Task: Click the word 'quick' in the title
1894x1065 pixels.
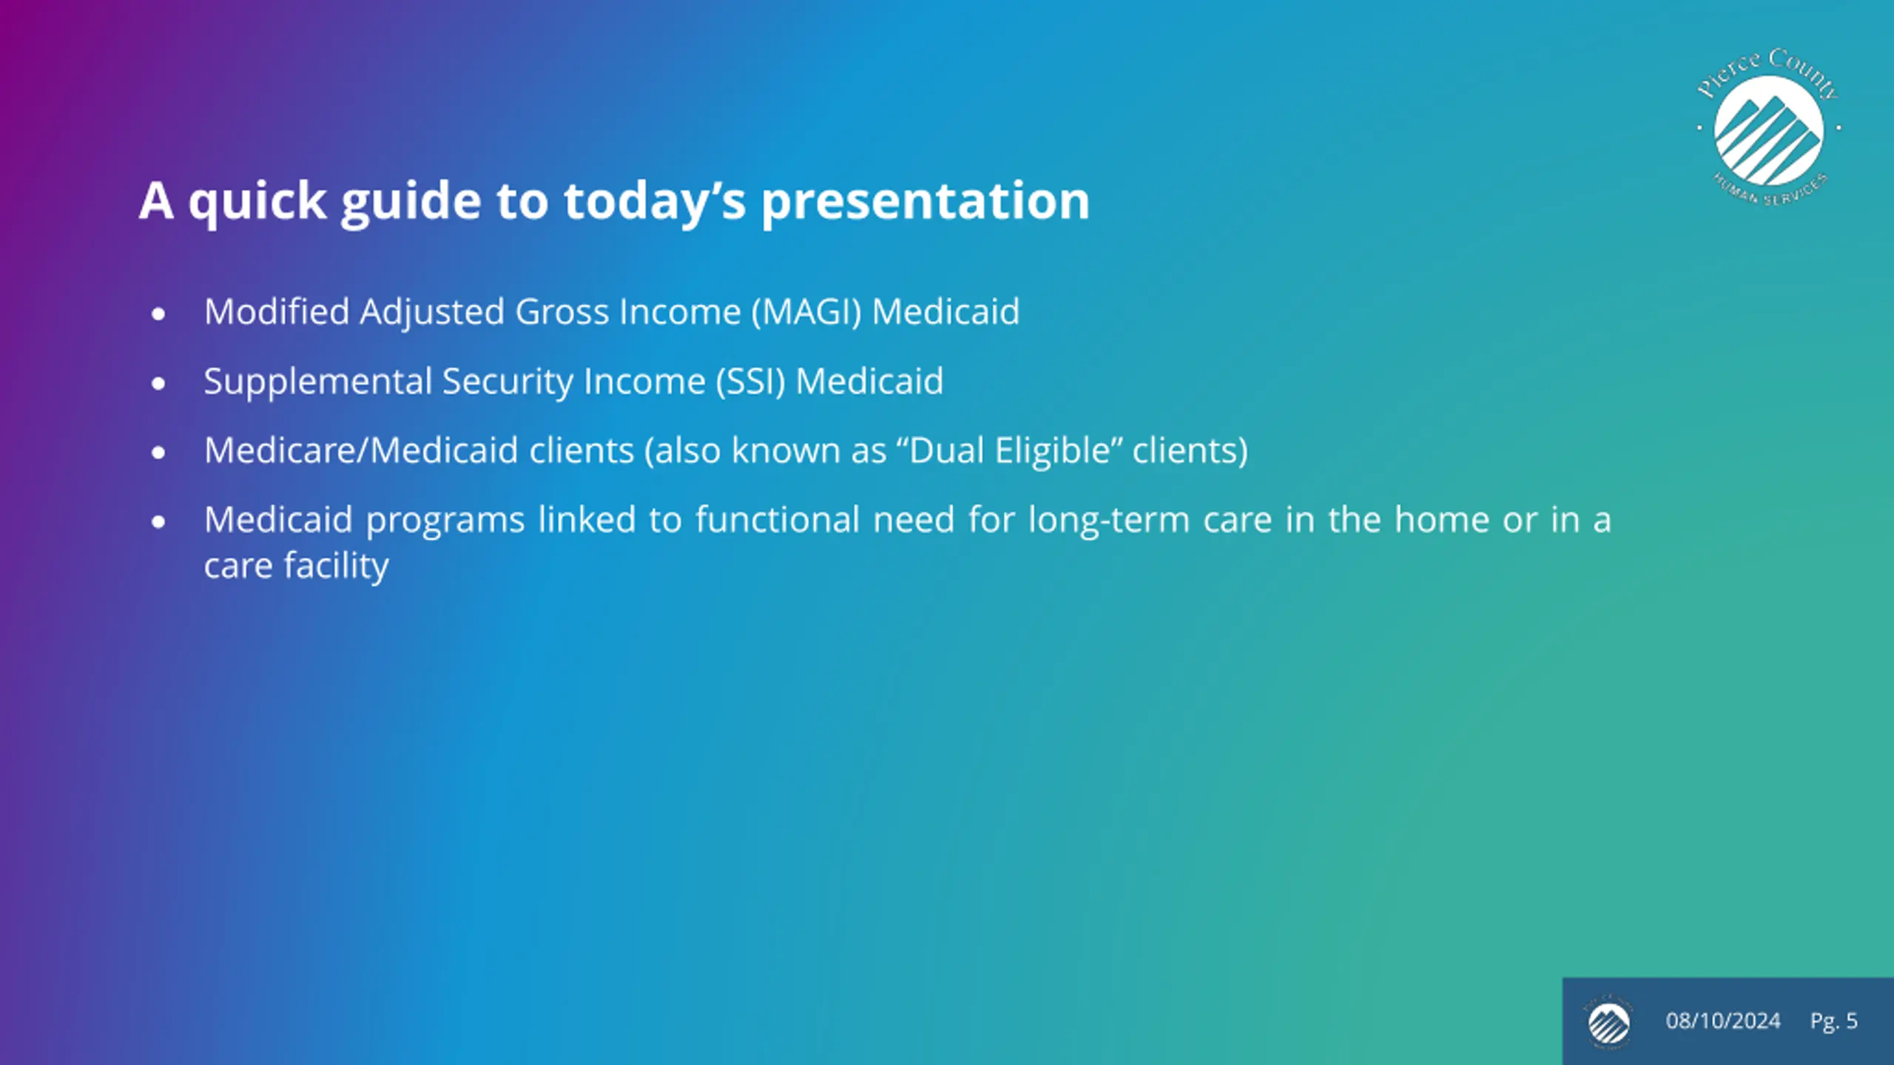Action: point(257,202)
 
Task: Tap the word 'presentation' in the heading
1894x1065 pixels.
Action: point(926,202)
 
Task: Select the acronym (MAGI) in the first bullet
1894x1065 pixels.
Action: point(806,312)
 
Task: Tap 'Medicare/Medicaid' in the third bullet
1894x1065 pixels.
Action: point(361,451)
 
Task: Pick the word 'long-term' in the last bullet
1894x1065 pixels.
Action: point(1109,521)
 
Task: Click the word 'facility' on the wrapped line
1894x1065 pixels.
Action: point(337,567)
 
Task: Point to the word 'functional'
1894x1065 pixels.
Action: point(778,520)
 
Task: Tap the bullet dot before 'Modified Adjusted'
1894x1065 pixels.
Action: point(158,314)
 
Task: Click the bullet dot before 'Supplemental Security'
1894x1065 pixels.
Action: point(158,384)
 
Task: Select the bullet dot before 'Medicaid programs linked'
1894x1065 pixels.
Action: point(158,522)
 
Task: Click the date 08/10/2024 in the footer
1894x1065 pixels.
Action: point(1723,1021)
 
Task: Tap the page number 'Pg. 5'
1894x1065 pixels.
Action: point(1834,1021)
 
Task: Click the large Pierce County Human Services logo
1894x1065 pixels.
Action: point(1768,127)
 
